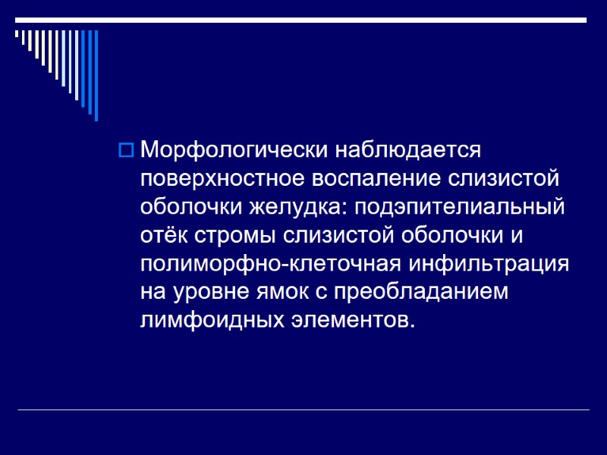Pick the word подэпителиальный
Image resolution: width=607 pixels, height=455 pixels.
coord(459,207)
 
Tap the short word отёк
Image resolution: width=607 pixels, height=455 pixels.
coord(165,235)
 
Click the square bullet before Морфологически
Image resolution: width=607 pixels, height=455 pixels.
coord(126,149)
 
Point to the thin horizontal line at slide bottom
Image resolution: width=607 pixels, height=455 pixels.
coord(303,410)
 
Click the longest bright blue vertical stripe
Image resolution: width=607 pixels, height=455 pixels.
coord(96,76)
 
